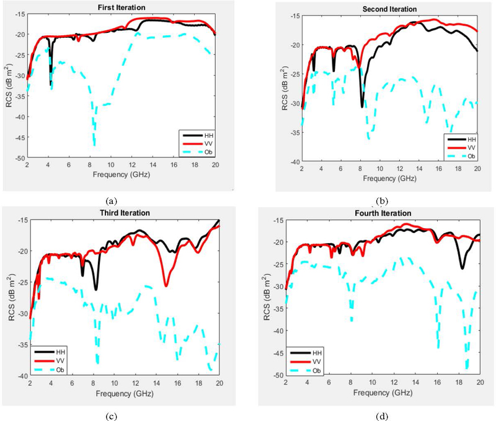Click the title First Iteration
tap(122, 7)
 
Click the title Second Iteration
tap(389, 9)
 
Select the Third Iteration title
tap(125, 213)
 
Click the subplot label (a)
tap(112, 200)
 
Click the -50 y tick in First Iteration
tap(19, 159)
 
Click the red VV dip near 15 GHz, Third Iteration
tap(166, 285)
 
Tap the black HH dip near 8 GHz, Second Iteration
tap(362, 107)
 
